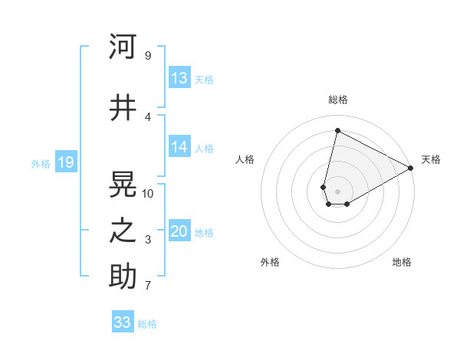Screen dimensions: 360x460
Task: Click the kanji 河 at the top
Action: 123,47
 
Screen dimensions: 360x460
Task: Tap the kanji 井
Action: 123,108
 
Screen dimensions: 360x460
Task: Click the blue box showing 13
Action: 179,78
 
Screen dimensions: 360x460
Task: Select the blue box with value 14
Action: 179,148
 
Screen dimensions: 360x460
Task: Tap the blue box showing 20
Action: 179,232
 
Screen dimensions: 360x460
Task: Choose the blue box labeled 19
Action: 65,162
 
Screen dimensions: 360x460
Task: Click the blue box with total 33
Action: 123,322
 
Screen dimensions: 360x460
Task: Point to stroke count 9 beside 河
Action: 147,55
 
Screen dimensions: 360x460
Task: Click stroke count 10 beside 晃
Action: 148,193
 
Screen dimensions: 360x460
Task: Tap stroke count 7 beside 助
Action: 147,286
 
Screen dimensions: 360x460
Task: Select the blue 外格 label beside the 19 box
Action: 41,163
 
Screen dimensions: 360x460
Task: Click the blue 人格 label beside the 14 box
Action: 204,149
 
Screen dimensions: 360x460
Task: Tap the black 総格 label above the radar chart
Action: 337,100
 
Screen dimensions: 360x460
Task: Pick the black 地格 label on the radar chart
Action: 402,262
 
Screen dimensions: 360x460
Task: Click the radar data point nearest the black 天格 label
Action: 411,169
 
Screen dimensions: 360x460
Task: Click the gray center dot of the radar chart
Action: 337,190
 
